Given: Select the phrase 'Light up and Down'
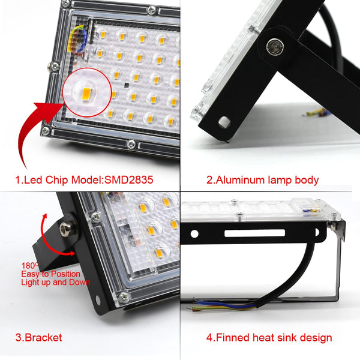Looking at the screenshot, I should (56, 282).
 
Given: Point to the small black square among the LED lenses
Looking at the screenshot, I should (127, 84).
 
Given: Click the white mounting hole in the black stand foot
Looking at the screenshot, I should (224, 122).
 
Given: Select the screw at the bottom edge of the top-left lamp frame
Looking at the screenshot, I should (131, 144).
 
